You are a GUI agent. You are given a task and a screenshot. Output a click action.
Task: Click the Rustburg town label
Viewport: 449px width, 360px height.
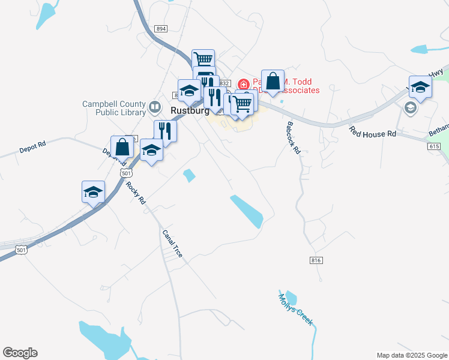pyautogui.click(x=188, y=111)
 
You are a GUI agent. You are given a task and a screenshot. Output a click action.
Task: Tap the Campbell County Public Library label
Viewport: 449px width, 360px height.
pyautogui.click(x=114, y=107)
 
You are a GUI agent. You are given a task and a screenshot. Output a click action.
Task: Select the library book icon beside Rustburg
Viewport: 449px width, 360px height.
pyautogui.click(x=155, y=107)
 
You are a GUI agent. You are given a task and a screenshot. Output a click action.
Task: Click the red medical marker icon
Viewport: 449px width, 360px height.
pyautogui.click(x=244, y=84)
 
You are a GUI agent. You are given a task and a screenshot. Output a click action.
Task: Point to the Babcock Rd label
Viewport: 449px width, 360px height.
pyautogui.click(x=292, y=138)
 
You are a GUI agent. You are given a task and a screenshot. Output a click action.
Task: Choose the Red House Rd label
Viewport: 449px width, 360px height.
pyautogui.click(x=373, y=131)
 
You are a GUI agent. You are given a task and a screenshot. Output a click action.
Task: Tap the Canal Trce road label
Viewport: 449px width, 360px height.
pyautogui.click(x=172, y=244)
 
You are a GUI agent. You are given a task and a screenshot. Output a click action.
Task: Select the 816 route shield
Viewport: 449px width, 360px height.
pyautogui.click(x=317, y=260)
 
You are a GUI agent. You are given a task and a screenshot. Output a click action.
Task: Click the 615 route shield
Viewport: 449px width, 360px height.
pyautogui.click(x=435, y=146)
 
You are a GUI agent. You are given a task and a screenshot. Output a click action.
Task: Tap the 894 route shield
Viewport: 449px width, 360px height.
pyautogui.click(x=160, y=29)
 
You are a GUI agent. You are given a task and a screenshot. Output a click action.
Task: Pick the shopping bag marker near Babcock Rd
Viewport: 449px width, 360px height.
pyautogui.click(x=273, y=81)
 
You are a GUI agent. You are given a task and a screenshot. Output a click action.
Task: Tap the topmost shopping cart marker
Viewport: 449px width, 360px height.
pyautogui.click(x=203, y=59)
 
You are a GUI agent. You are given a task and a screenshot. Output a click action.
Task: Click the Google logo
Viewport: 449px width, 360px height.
pyautogui.click(x=20, y=353)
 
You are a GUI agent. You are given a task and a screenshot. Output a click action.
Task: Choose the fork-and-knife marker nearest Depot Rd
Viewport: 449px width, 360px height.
pyautogui.click(x=164, y=131)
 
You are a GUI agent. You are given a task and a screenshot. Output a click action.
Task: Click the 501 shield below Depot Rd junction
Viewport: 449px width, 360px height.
pyautogui.click(x=125, y=173)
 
